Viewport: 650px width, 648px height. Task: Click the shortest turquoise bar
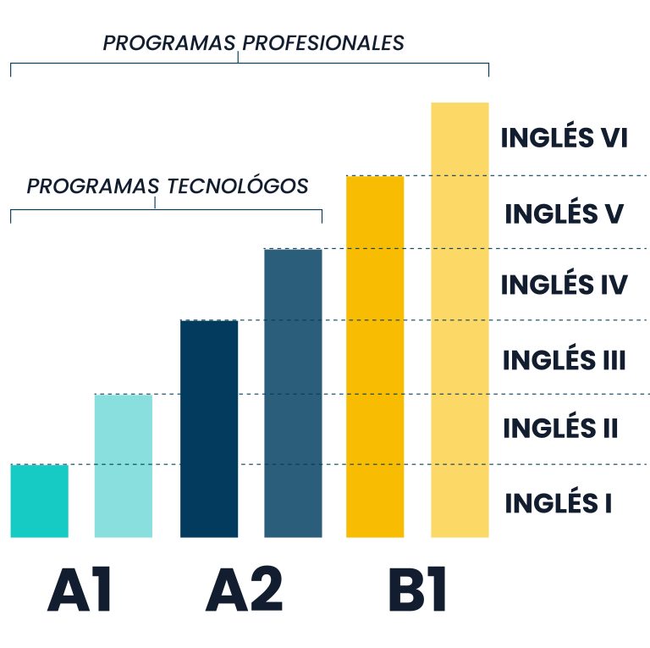point(40,501)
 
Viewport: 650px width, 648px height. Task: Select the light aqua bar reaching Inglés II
point(124,466)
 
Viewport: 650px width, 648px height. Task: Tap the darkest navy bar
point(209,429)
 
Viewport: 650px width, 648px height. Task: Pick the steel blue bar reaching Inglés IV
point(293,393)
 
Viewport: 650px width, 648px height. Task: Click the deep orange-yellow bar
point(375,357)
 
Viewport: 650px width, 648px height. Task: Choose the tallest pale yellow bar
point(460,320)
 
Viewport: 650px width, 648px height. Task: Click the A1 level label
point(80,589)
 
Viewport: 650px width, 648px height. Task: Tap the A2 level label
point(244,589)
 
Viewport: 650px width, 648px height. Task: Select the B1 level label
point(417,589)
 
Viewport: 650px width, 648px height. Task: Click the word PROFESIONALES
point(323,43)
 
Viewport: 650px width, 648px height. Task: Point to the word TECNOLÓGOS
point(238,186)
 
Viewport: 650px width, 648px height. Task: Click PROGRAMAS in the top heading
point(169,43)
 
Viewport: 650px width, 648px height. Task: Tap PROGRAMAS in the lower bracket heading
point(93,186)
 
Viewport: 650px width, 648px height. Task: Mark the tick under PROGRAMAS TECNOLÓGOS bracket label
point(155,202)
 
